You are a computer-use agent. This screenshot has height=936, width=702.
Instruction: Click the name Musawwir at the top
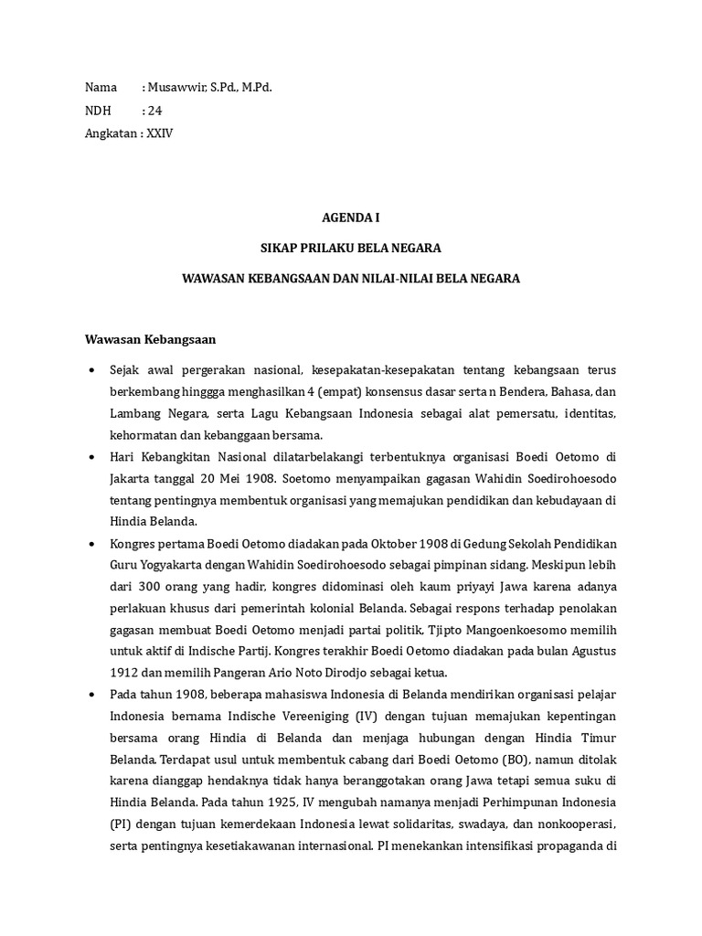click(175, 87)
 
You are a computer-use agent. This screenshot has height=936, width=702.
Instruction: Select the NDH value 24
click(154, 111)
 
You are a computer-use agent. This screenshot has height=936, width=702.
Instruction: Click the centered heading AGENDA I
click(351, 218)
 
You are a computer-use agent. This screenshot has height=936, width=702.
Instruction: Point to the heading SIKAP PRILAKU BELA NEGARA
click(351, 248)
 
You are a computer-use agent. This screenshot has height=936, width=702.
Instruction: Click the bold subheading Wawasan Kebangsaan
click(149, 339)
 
